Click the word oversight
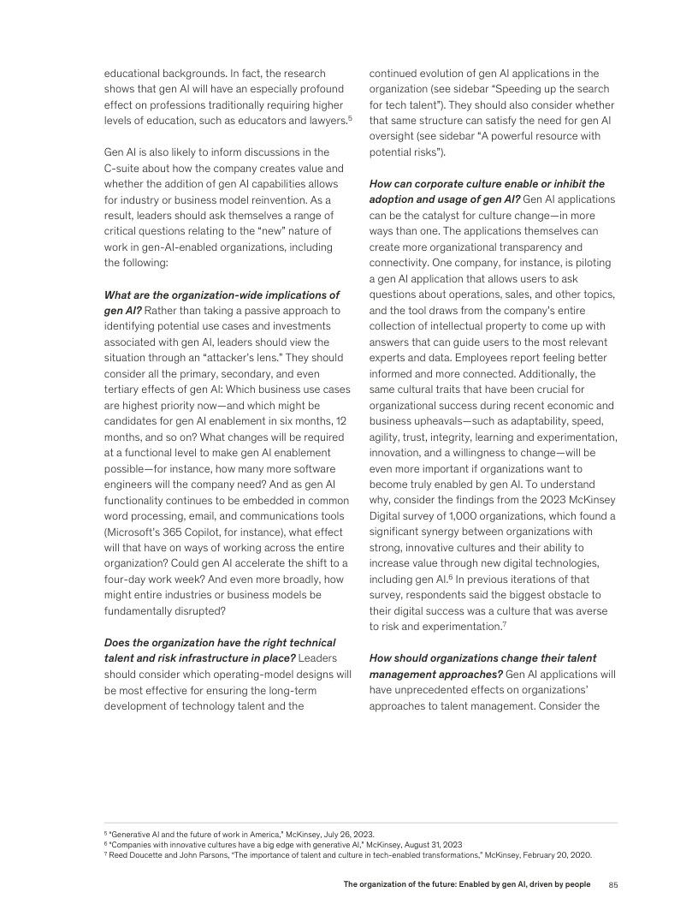pyautogui.click(x=397, y=137)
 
